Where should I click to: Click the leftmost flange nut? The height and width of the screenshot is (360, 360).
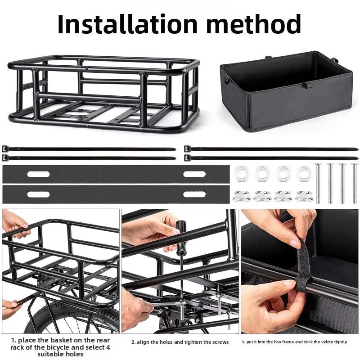click(242, 196)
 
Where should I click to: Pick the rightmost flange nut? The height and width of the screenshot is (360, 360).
click(303, 196)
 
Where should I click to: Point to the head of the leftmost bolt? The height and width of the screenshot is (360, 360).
click(318, 166)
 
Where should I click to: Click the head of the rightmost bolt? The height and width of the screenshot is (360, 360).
click(354, 166)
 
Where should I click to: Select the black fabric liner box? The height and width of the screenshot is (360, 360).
click(286, 94)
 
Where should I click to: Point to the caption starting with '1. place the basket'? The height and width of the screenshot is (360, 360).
click(61, 347)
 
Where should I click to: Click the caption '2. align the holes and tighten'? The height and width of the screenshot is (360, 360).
click(180, 342)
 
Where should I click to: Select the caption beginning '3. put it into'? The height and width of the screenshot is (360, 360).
click(294, 342)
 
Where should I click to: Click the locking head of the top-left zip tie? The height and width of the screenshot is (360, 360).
click(5, 148)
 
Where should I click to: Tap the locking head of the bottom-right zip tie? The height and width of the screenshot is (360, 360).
click(187, 157)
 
